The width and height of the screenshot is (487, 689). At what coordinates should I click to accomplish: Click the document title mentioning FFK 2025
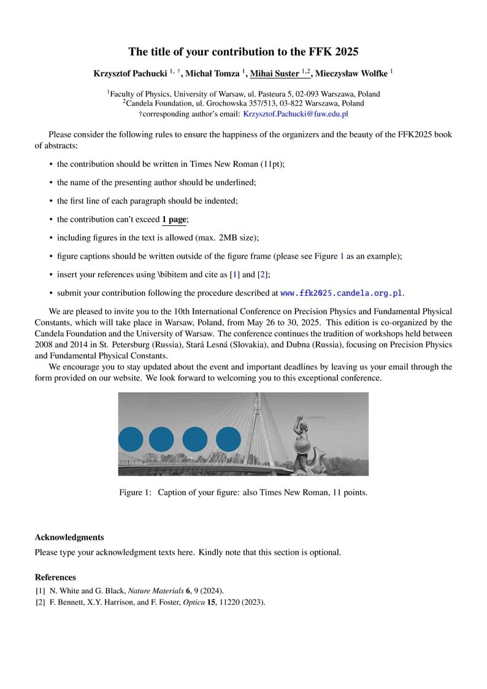[x=243, y=52]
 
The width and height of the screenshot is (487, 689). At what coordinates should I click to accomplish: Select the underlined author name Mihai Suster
[x=275, y=74]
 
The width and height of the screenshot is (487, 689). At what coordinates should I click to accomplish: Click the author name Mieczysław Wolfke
[x=350, y=74]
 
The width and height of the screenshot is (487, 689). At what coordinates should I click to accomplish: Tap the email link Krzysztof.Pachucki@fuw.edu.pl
[x=296, y=114]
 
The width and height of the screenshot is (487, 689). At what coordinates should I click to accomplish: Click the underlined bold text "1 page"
[x=174, y=219]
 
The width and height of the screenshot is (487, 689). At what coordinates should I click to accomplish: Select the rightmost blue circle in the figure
[x=229, y=439]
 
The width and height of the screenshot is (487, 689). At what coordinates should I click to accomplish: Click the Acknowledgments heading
[x=69, y=537]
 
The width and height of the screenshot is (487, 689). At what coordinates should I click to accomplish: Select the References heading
[x=55, y=577]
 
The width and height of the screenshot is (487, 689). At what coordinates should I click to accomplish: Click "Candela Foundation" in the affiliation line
[x=158, y=104]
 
